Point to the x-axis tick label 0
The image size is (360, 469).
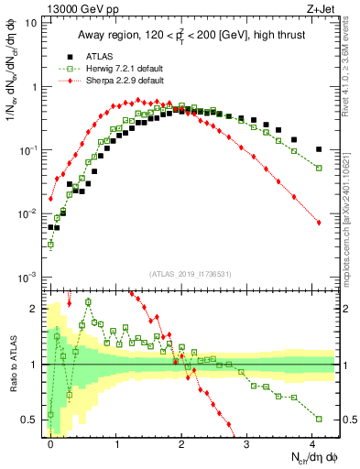(x=50, y=442)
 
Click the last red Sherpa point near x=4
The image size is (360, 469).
(x=318, y=223)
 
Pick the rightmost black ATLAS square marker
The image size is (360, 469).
(x=318, y=149)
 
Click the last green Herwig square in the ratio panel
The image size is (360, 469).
(x=318, y=419)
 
